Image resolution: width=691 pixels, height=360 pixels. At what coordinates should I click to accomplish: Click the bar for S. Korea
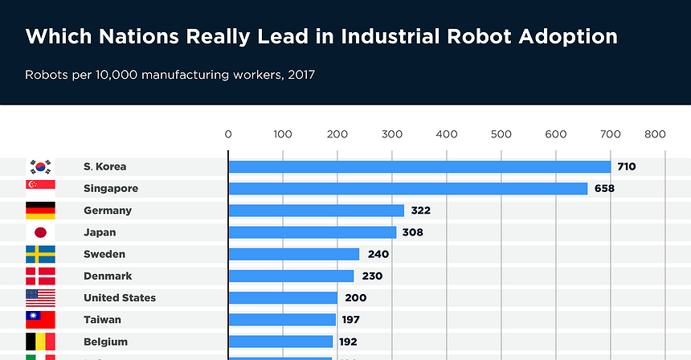coord(419,167)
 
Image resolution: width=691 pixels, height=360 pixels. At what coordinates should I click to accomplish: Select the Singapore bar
coord(408,189)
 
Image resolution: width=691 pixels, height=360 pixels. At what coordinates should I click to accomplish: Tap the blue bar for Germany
coord(316,211)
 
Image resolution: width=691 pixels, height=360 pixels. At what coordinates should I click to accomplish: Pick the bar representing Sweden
coord(293,254)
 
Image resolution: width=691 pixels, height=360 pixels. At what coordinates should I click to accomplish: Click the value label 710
coord(626,167)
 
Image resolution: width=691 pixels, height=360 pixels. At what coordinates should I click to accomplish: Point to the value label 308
coord(412,232)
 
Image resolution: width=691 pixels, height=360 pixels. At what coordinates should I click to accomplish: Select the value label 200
coord(356,297)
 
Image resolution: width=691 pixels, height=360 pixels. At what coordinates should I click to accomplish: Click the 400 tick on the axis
coord(447,134)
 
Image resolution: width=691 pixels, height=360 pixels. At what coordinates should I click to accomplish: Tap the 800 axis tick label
coord(654,134)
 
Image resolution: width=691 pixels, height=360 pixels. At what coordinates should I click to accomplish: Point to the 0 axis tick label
coord(228,134)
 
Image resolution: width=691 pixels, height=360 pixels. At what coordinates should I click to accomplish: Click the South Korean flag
coord(40,167)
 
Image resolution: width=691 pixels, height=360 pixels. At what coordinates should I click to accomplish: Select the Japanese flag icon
coord(40,232)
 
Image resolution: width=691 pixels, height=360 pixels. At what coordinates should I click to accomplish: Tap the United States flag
coord(40,297)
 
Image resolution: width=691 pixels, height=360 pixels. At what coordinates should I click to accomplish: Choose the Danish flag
coord(40,276)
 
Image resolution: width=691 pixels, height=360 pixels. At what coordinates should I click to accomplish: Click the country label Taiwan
coord(102,319)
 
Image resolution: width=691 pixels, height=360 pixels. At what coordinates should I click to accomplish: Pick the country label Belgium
coord(105,341)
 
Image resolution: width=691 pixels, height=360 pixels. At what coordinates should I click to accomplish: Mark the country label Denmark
coord(108,276)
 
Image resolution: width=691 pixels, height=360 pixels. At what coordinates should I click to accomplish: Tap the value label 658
coord(603,189)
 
